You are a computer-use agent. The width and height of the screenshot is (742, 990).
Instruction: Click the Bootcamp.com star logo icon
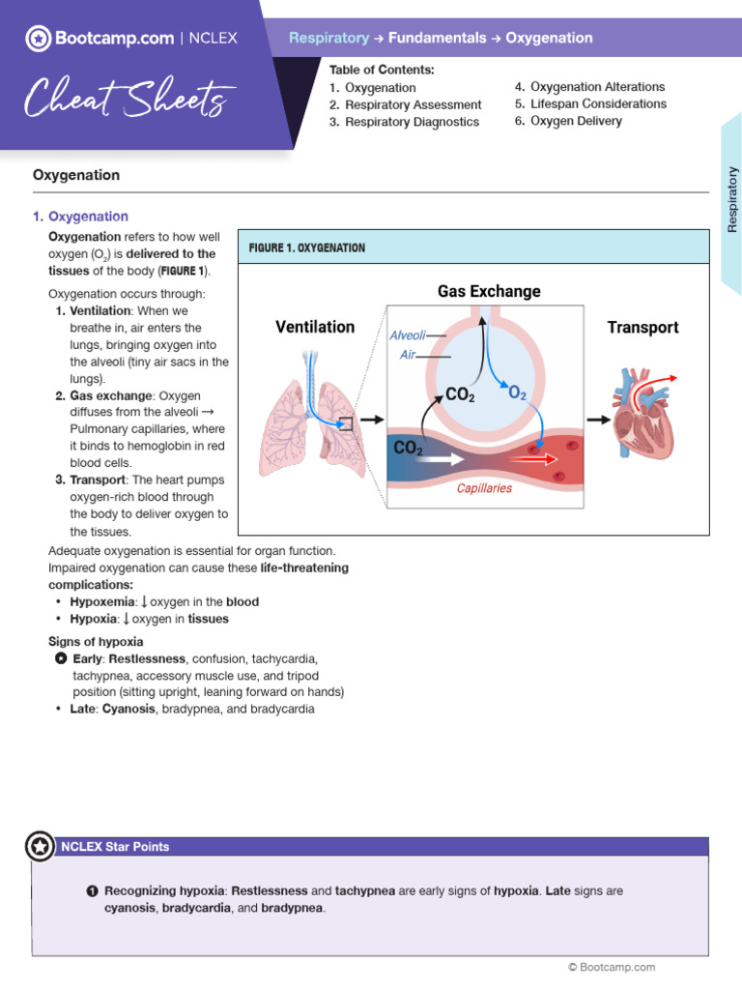[x=38, y=39]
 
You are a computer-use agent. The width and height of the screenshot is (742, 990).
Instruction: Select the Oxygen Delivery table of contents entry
[x=576, y=121]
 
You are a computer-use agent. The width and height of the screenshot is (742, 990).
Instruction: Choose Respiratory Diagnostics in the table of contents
[x=412, y=122]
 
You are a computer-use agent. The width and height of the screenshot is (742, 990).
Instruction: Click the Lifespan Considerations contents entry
[x=598, y=103]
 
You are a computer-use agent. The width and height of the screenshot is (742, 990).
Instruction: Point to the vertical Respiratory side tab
[x=731, y=198]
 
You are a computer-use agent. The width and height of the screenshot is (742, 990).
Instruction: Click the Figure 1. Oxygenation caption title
[x=307, y=247]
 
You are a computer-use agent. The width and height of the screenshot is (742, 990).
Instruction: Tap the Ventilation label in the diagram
[x=315, y=327]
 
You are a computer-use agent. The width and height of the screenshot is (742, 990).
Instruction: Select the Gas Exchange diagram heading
[x=489, y=291]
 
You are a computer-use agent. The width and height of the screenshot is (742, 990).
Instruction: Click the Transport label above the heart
[x=642, y=327]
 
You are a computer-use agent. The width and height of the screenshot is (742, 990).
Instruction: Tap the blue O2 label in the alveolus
[x=517, y=393]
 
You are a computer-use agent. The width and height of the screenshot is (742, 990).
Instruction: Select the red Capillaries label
[x=484, y=488]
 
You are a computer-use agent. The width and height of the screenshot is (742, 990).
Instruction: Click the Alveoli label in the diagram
[x=407, y=335]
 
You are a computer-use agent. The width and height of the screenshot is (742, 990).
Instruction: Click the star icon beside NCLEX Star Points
[x=40, y=847]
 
